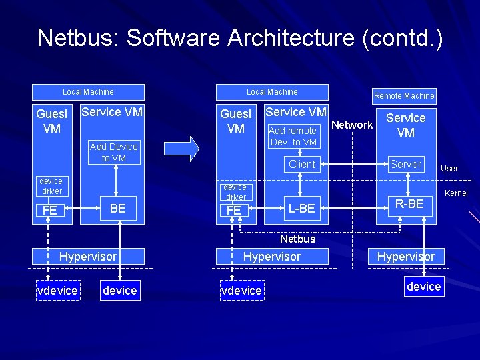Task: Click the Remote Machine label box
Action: click(x=403, y=95)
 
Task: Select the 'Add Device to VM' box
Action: click(x=113, y=152)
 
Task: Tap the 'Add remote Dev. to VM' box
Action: click(x=293, y=136)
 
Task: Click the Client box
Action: click(x=301, y=164)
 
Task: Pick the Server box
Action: click(x=405, y=164)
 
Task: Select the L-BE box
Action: click(x=301, y=209)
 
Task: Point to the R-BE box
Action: click(x=409, y=204)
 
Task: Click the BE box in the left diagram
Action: click(x=118, y=208)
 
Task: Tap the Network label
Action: click(x=352, y=125)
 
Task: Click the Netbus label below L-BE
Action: click(x=297, y=238)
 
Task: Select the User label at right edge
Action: click(x=449, y=168)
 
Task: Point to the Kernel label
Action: click(x=456, y=193)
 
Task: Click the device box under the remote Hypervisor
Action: click(x=423, y=287)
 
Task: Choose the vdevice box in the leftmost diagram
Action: click(x=57, y=290)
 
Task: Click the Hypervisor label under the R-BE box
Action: click(x=405, y=256)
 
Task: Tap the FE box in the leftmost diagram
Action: click(x=49, y=211)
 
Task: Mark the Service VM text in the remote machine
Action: click(x=405, y=125)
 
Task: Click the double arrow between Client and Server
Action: click(x=353, y=164)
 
